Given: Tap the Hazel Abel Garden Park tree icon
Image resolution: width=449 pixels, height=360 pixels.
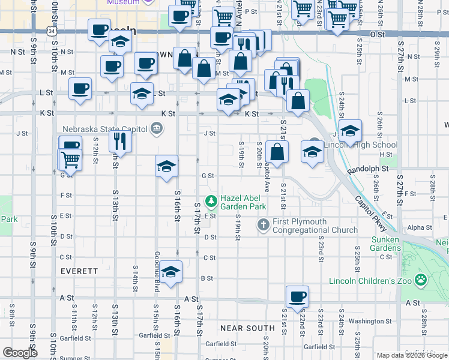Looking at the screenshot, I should (211, 200).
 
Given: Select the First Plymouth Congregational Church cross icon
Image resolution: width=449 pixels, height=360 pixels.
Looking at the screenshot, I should (263, 225).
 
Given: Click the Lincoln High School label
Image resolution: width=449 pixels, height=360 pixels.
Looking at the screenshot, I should (361, 145).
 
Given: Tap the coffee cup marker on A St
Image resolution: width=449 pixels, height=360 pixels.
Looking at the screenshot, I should (297, 295).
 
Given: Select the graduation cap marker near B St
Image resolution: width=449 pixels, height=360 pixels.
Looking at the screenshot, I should (171, 272).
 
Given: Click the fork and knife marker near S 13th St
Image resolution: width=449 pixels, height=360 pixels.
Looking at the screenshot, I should (120, 140).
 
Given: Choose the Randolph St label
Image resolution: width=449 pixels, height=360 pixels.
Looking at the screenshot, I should (368, 170).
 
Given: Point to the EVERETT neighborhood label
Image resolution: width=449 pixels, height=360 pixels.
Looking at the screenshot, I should (79, 271).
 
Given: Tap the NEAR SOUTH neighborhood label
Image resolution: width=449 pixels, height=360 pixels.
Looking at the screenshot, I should (247, 328).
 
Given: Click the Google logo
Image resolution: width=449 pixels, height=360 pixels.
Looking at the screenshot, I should (20, 353).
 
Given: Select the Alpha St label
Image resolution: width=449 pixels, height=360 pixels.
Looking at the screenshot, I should (419, 227).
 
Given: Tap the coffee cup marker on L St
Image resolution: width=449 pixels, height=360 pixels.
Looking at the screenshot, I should (80, 89).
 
